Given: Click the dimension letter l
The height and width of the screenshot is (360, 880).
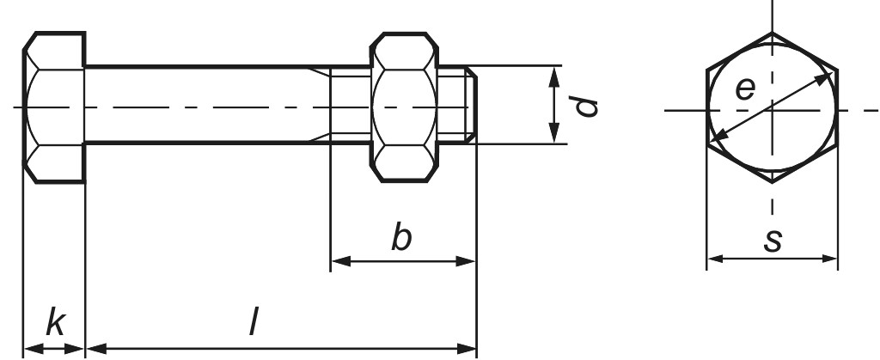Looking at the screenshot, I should pos(254,323).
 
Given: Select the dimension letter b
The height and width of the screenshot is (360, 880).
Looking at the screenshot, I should pos(401,238).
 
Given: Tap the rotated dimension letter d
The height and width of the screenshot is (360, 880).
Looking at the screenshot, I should pos(585,107).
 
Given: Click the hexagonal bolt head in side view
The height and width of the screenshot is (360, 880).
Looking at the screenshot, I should pos(53,107).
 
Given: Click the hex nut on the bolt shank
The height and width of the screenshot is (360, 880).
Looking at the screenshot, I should pos(403,107).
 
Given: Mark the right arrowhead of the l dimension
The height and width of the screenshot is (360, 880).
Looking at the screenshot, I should pos(470,348).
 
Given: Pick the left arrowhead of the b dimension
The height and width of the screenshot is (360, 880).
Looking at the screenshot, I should pos(337,260).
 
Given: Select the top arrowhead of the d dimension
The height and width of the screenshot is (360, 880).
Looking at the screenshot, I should pos(556,71).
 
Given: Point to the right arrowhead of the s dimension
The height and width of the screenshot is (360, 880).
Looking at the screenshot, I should pos(831,258).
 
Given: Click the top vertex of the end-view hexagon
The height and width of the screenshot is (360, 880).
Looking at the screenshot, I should pos(772,34).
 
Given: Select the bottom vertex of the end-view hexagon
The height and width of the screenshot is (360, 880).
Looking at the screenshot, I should pos(772,181).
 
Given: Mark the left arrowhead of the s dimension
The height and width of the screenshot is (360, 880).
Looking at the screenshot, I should pos(712,258).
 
